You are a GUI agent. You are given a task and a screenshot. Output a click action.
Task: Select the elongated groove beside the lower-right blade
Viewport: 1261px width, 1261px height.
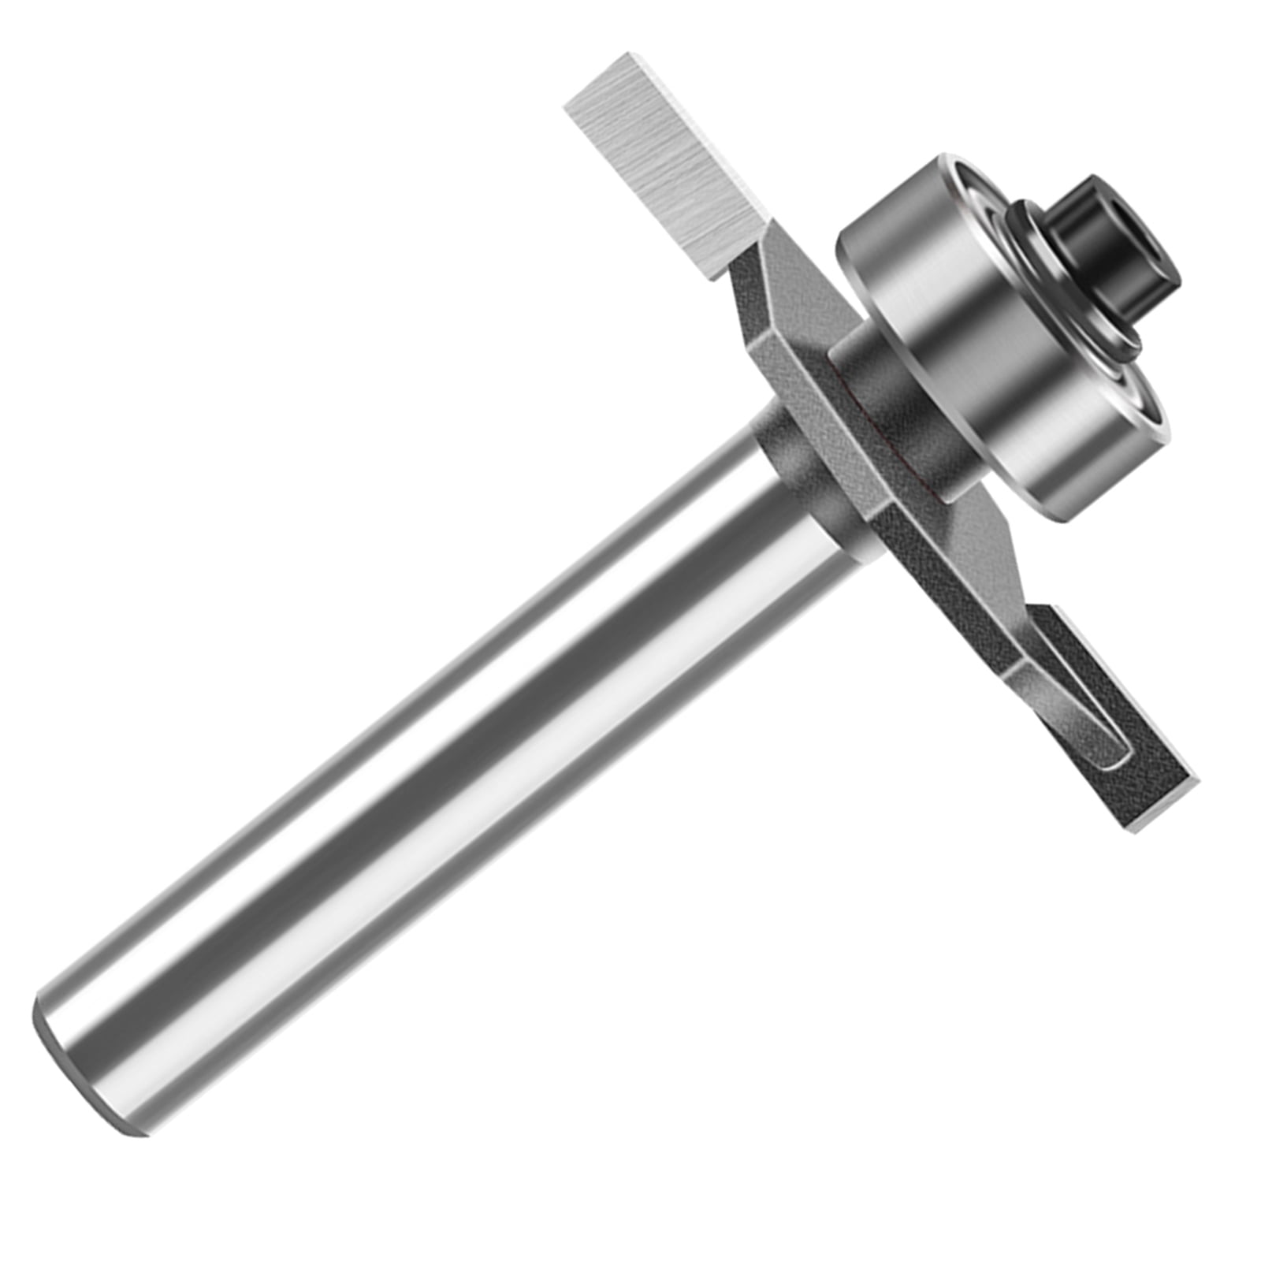click(1080, 709)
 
